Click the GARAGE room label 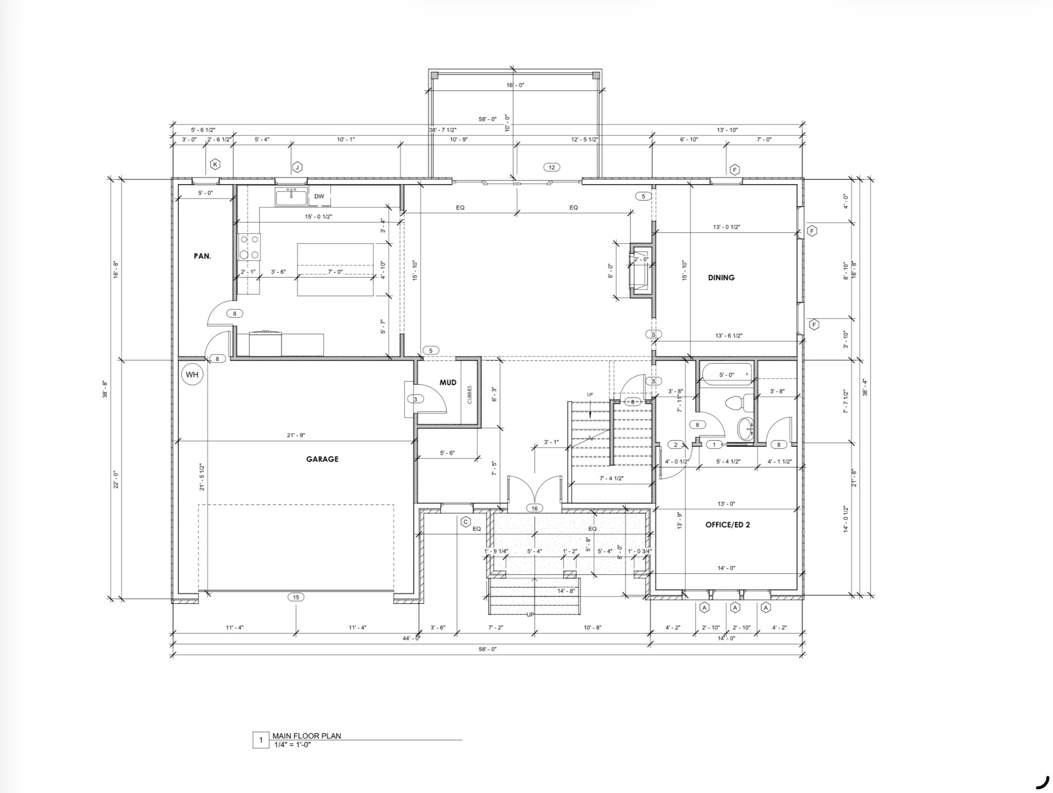tap(322, 459)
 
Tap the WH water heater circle tap(192, 374)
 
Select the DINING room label tap(721, 278)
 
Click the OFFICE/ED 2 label tap(727, 525)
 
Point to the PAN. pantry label tap(202, 256)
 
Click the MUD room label tap(448, 383)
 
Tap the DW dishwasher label tap(319, 196)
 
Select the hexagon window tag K tap(215, 165)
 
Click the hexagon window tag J tap(297, 167)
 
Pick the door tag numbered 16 tap(535, 508)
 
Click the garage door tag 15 tap(296, 597)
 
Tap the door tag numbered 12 tap(551, 167)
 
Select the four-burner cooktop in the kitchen tap(249, 247)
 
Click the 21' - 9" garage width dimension tap(296, 435)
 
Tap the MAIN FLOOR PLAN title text tap(306, 736)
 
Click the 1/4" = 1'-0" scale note tap(293, 744)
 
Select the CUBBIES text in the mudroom tap(469, 395)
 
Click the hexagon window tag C tap(465, 522)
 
